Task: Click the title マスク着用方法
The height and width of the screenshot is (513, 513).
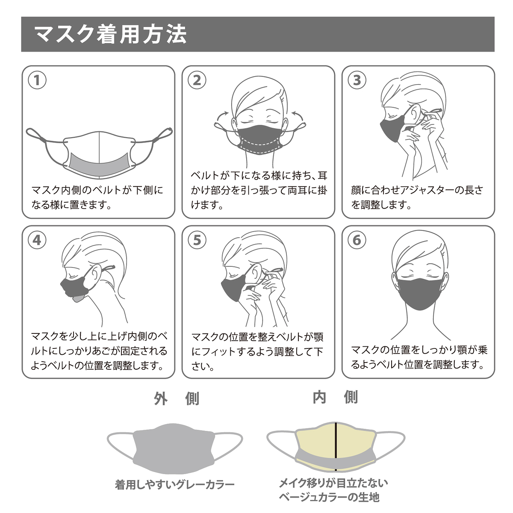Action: point(110,34)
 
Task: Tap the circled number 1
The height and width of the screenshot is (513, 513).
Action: point(37,80)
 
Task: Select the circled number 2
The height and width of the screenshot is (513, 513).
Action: point(197,80)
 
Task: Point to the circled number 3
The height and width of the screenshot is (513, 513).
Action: point(357,80)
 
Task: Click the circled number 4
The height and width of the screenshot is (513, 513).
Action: point(37,240)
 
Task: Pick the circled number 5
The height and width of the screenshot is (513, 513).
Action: point(197,240)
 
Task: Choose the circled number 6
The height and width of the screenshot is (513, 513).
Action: point(357,240)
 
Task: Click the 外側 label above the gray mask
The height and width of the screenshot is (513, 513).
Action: point(177,399)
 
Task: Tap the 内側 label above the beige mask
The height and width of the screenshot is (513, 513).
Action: point(335,397)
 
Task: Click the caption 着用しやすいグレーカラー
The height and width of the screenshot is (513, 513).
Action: point(175,485)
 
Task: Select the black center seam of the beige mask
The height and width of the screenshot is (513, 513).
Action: point(336,446)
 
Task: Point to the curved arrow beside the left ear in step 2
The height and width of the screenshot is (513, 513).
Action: point(223,117)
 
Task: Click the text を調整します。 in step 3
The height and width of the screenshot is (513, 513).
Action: point(381,205)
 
